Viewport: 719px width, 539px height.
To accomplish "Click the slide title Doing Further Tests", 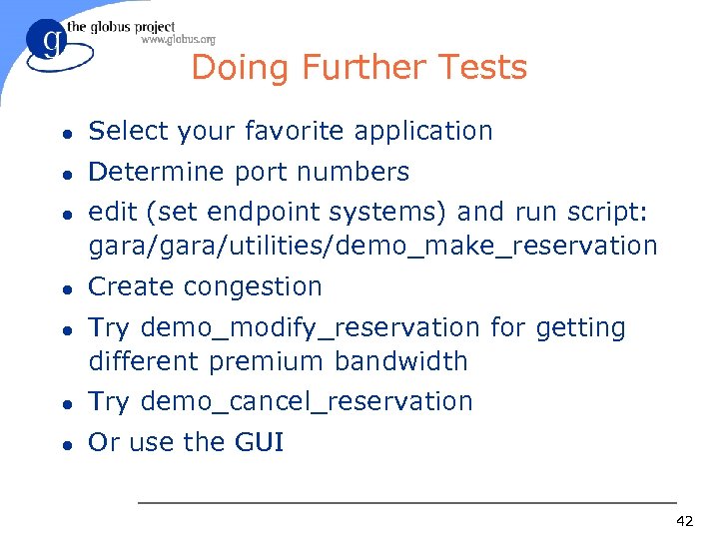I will [359, 68].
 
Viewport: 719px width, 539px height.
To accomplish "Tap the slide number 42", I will [684, 521].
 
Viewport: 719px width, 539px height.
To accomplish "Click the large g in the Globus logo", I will [47, 44].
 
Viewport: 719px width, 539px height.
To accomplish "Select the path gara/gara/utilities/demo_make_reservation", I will [372, 246].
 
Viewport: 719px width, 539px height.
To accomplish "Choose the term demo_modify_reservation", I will [310, 327].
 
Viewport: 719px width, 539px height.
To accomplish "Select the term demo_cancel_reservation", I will [307, 401].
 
